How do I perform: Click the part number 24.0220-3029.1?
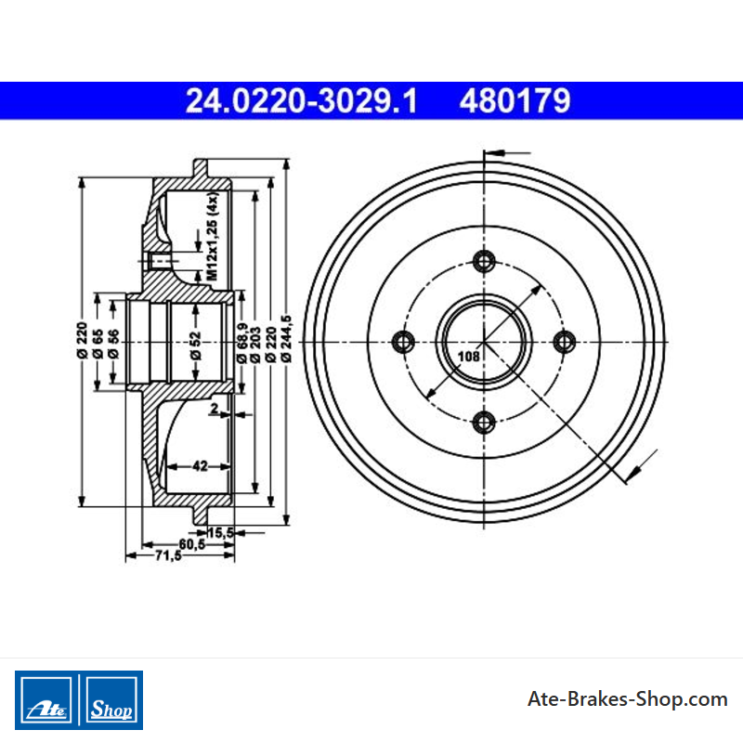[301, 101]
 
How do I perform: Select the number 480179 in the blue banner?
[515, 101]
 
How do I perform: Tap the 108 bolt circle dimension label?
[469, 356]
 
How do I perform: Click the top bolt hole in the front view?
[484, 261]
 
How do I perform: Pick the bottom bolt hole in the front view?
[484, 423]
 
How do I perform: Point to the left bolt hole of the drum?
[404, 342]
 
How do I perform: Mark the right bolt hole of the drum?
[565, 342]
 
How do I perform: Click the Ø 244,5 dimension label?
[286, 339]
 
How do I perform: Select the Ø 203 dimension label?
[255, 345]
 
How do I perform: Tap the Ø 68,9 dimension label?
[241, 343]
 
